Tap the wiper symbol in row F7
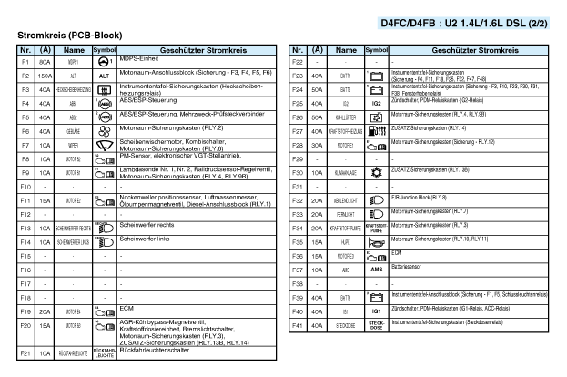point(104,144)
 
